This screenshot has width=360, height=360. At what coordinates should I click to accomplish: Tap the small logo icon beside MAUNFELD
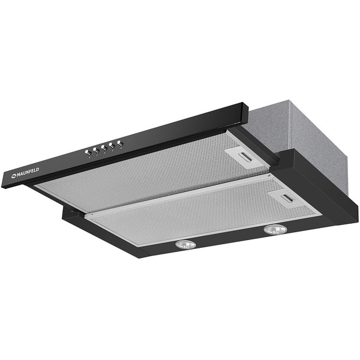[x=14, y=176]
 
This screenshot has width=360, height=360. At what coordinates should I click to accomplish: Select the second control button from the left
[x=96, y=151]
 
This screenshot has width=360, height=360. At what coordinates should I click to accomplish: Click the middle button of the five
[x=104, y=148]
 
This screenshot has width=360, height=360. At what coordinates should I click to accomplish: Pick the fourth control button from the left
[x=112, y=146]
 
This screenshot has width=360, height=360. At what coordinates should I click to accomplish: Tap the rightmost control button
[x=121, y=143]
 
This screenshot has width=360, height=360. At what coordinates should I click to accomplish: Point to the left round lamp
[x=185, y=245]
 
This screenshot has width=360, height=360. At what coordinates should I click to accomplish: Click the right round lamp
[x=275, y=230]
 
